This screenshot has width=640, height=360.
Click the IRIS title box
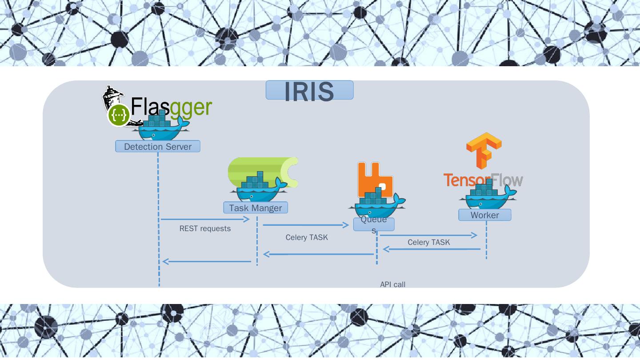[309, 90]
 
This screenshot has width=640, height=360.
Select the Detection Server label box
[158, 146]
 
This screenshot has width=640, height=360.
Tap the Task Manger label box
[256, 208]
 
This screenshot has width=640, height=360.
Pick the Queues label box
[374, 224]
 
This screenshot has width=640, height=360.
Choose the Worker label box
[484, 215]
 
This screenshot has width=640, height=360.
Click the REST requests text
[205, 228]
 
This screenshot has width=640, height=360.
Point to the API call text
[393, 284]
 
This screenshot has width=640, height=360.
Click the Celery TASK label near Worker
[429, 242]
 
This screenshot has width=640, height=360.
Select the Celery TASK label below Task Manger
[307, 237]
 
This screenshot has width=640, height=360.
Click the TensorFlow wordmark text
[483, 180]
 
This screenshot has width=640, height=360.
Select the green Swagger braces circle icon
[119, 116]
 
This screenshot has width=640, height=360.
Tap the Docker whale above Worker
[488, 196]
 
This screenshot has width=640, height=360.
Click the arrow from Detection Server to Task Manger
[205, 219]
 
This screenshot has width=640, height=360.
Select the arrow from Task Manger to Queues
[306, 225]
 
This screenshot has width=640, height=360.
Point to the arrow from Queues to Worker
[428, 235]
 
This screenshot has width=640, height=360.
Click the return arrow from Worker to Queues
[432, 249]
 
